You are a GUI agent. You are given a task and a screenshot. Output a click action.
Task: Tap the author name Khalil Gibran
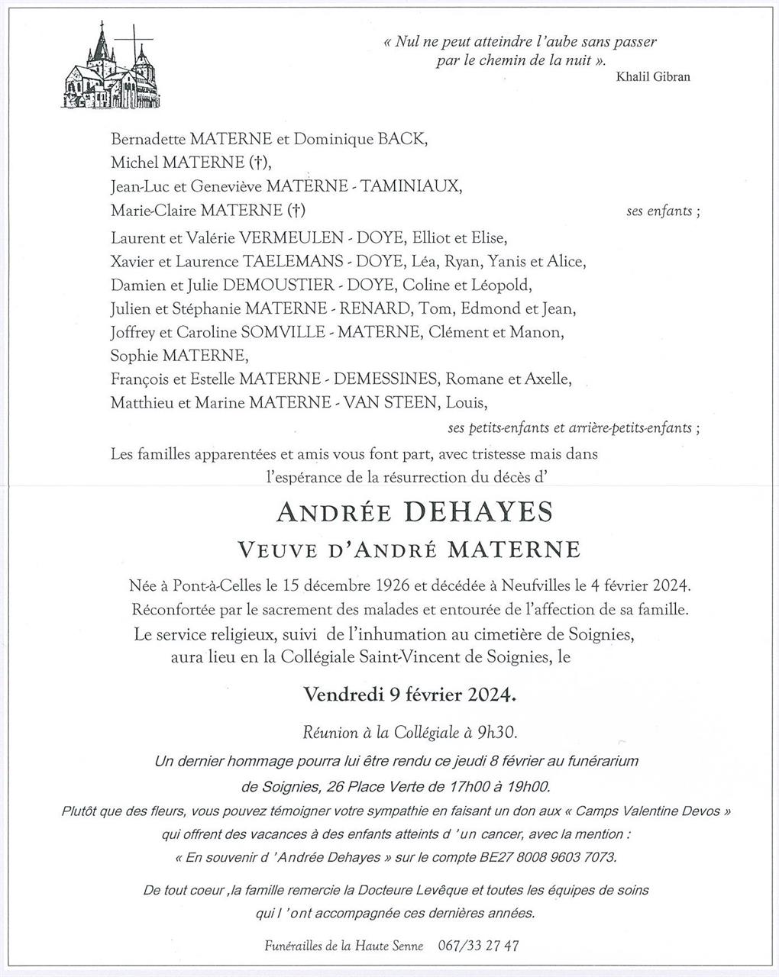point(651,76)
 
